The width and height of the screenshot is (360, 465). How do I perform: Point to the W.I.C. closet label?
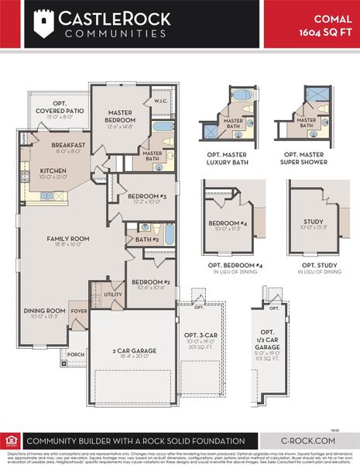pyautogui.click(x=161, y=101)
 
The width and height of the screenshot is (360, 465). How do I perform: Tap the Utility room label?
pyautogui.click(x=113, y=294)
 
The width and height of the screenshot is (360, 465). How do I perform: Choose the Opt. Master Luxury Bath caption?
pyautogui.click(x=231, y=158)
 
